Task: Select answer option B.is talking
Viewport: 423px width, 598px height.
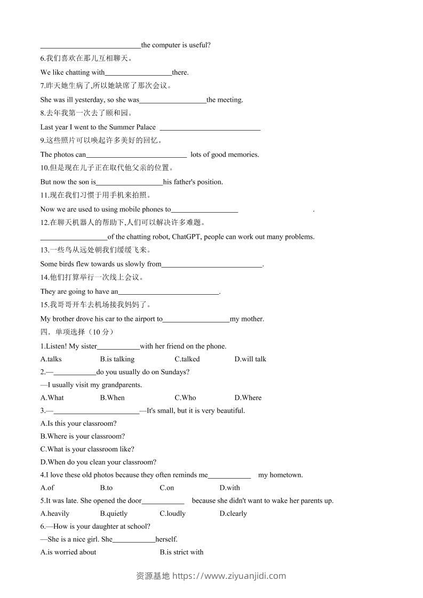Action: pos(117,359)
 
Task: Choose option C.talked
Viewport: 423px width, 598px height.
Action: pos(187,359)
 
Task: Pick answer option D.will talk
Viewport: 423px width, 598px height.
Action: pos(250,359)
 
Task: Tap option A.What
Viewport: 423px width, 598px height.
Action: pos(52,398)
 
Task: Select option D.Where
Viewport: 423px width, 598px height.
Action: pos(248,398)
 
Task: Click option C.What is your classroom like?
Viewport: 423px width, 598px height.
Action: pos(87,449)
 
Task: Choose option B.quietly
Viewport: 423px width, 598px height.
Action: pos(114,514)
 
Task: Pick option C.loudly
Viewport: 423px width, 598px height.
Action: pos(173,514)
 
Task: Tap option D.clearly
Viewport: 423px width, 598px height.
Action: pos(233,514)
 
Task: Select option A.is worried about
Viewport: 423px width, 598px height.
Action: pos(68,552)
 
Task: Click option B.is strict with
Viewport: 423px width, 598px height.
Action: pos(181,552)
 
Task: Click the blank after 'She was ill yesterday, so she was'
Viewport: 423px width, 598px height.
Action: pos(173,100)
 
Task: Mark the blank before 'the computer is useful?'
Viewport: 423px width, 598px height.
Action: pos(91,46)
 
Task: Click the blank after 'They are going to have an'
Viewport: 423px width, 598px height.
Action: pos(169,292)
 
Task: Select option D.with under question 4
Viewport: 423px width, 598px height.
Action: pos(230,488)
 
